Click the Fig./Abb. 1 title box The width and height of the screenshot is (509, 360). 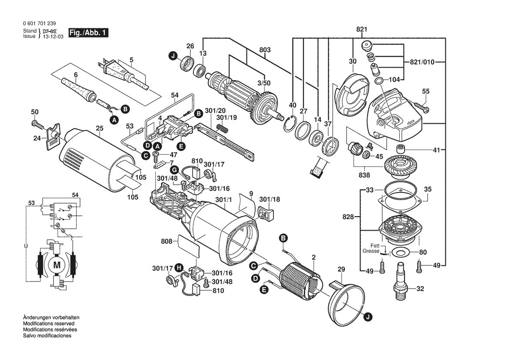coord(89,33)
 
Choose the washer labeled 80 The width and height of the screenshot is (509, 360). coord(400,252)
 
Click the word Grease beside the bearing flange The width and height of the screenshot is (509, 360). coord(371,251)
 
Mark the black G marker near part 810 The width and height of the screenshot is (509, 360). coord(174,170)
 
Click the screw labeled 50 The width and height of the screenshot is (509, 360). coord(37,125)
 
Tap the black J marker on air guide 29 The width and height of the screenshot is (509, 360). coord(368,318)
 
